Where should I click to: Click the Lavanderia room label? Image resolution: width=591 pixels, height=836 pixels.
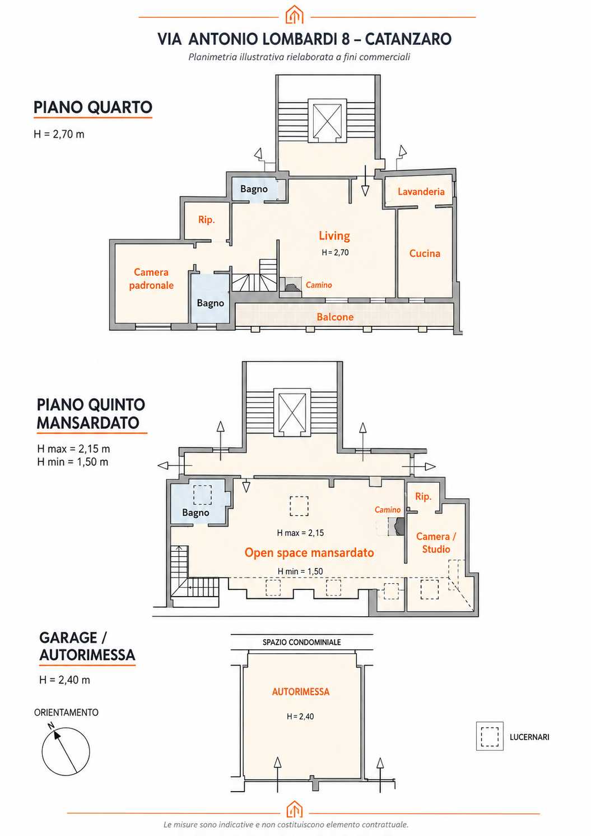pos(421,192)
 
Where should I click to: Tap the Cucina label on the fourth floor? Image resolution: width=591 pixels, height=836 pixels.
pos(425,253)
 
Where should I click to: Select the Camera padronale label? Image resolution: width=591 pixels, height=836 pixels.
pos(151,279)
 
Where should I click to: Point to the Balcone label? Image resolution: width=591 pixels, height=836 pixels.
pos(335,317)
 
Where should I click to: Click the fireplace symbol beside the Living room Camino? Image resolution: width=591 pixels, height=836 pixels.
pos(291,287)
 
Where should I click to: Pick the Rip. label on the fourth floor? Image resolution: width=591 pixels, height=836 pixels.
pos(206,219)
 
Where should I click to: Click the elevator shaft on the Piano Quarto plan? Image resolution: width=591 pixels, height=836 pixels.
pos(327,121)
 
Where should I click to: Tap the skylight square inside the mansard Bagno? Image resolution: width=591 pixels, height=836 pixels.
pos(202,495)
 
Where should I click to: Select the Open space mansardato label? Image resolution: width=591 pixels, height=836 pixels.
pos(309,552)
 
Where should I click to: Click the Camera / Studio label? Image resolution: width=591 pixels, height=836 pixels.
pos(436,543)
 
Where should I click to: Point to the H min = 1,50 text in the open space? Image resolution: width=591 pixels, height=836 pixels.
pos(300,571)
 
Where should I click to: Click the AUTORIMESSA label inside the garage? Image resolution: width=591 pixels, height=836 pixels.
pos(300,691)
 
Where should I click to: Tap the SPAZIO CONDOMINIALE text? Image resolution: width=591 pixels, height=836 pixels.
pos(301,643)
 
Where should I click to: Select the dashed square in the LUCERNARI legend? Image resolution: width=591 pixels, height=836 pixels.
pos(490,736)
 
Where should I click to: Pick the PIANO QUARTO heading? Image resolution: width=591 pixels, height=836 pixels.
pos(93,107)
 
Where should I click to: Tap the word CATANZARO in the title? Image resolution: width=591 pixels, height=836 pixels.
pos(408,39)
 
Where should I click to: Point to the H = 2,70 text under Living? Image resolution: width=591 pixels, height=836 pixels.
pos(335,253)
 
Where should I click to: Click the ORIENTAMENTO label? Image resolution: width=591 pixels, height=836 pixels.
pos(66,713)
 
